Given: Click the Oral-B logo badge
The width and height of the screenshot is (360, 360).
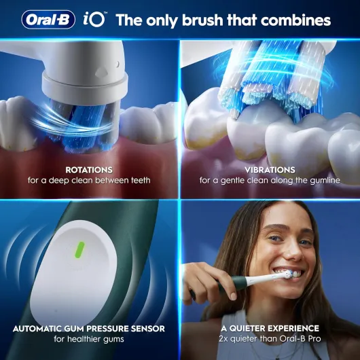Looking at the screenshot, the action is (48, 20).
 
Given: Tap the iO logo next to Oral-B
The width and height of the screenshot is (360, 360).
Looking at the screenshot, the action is (94, 19).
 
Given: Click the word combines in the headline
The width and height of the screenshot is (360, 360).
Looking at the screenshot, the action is (295, 20).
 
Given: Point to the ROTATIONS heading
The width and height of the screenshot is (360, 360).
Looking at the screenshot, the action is (89, 170).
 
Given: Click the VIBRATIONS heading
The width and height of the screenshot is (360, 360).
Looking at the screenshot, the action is (270, 170).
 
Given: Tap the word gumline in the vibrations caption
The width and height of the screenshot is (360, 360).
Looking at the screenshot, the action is (325, 181).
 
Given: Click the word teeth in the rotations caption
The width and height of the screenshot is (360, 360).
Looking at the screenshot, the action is (141, 181).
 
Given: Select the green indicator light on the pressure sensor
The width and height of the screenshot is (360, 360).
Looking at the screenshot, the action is (80, 250).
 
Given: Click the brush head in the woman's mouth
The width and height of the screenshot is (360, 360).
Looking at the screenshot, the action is (289, 274).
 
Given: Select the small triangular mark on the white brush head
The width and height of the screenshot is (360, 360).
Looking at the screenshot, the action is (101, 72).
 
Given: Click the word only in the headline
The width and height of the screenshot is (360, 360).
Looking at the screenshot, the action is (162, 20).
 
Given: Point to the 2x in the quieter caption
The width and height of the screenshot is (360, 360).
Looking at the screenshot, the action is (223, 339).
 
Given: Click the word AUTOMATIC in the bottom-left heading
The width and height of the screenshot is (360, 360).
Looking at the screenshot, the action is (37, 329).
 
